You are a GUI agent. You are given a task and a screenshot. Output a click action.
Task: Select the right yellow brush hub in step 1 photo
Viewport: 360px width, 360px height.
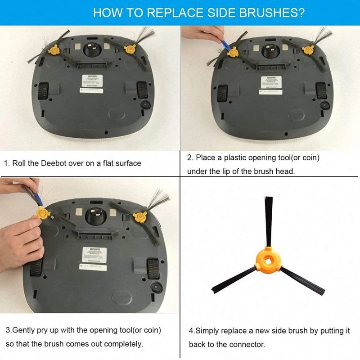[130, 48]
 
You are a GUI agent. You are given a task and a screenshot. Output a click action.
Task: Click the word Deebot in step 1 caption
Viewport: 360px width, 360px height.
[54, 163]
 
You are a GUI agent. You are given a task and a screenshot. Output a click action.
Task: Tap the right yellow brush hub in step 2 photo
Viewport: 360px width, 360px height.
[308, 49]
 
